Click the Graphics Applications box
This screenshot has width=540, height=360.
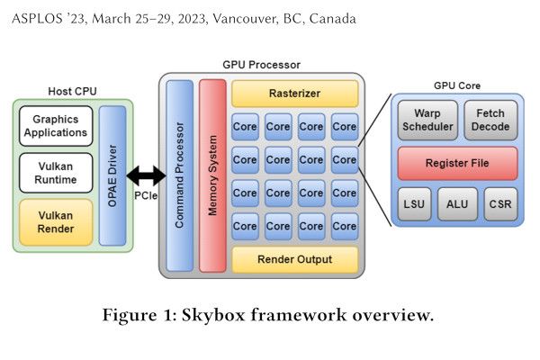click(x=56, y=126)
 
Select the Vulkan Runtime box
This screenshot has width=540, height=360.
click(x=56, y=172)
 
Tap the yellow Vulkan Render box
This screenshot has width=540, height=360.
click(x=56, y=221)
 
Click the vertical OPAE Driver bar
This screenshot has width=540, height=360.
click(x=112, y=175)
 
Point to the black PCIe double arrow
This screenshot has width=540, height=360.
click(x=146, y=175)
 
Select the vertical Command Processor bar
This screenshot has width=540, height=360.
click(x=180, y=175)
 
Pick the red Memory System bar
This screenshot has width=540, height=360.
click(x=212, y=175)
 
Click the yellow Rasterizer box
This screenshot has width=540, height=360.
click(x=294, y=93)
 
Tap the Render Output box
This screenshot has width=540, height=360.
click(x=294, y=259)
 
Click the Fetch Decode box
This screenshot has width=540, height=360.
click(x=490, y=120)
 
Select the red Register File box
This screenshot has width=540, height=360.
click(x=458, y=163)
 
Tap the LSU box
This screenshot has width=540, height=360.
click(x=415, y=205)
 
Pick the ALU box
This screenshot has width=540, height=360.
click(x=458, y=205)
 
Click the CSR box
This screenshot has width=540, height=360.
click(x=500, y=205)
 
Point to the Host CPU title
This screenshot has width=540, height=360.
click(x=72, y=92)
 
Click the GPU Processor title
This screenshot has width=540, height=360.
click(x=261, y=65)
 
